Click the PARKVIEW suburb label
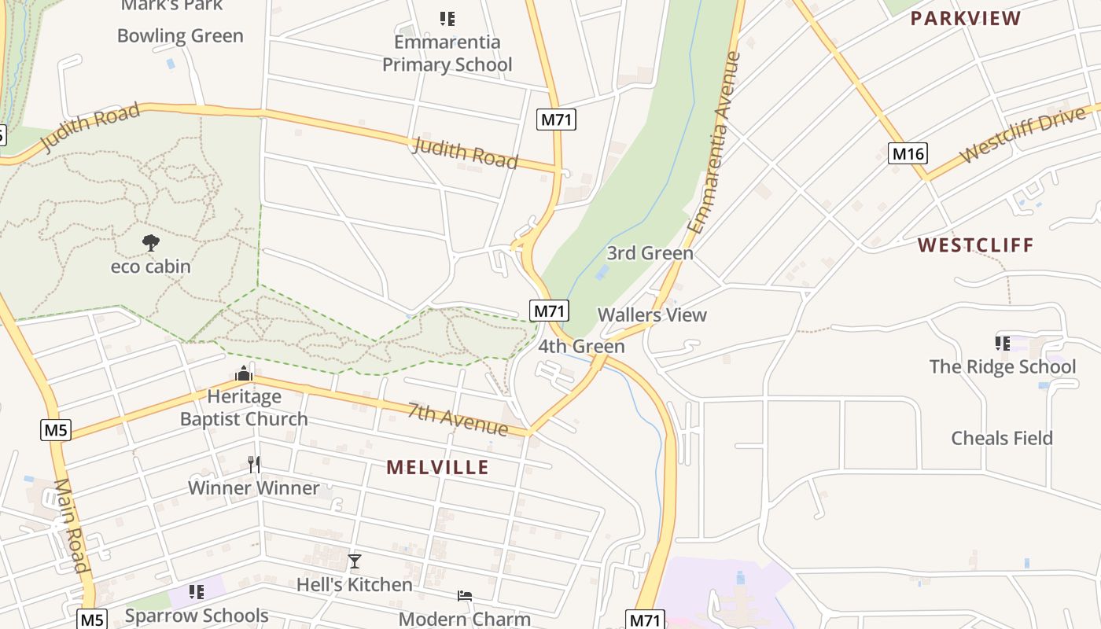point(966,19)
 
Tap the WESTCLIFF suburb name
point(976,245)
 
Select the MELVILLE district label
point(437,468)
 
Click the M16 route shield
point(908,153)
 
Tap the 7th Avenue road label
point(458,418)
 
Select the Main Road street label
point(71,524)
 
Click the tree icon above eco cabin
point(150,243)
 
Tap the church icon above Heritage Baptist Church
point(243,373)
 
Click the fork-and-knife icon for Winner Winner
point(254,465)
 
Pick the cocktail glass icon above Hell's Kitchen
point(355,561)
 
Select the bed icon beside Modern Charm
point(465,596)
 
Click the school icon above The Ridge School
point(1002,343)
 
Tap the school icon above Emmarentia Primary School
point(447,18)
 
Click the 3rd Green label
point(650,253)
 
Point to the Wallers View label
point(652,315)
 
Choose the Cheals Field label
point(1002,438)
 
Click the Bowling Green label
point(180,36)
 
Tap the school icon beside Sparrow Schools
point(196,591)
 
